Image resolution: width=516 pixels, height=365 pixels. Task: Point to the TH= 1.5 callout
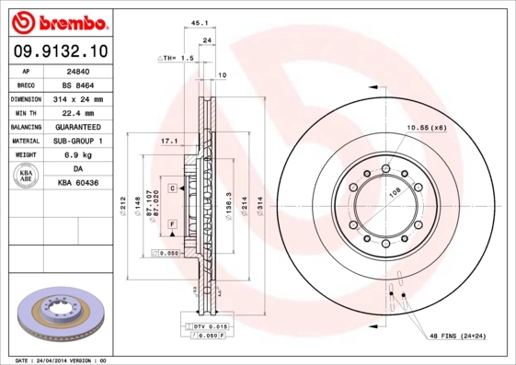(x=178, y=58)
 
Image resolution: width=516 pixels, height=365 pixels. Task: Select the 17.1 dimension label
(x=168, y=141)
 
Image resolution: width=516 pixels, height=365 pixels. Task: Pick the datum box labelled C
(x=171, y=188)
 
